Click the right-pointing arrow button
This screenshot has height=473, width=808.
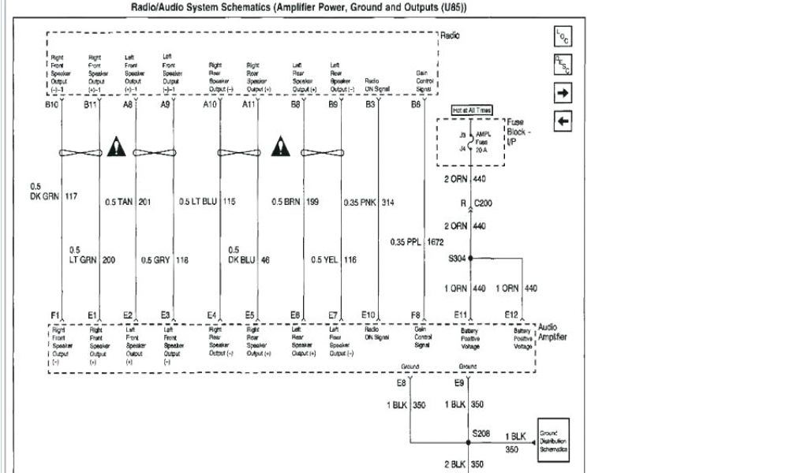click(x=563, y=94)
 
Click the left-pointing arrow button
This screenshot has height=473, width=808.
click(x=563, y=121)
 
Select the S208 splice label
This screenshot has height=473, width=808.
click(x=481, y=434)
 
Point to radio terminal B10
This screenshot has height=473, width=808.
click(x=51, y=103)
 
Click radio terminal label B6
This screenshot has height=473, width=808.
click(x=415, y=103)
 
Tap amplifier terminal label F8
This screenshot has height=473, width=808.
click(x=415, y=315)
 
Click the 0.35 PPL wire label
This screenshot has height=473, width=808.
click(x=406, y=242)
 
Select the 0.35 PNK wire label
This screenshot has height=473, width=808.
click(x=360, y=203)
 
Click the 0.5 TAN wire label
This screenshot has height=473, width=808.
click(x=120, y=203)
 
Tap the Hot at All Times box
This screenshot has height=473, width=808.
click(x=471, y=110)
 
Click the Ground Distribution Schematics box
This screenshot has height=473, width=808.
click(x=552, y=441)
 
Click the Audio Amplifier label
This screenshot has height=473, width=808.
click(x=552, y=332)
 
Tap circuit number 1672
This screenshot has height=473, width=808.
click(x=436, y=242)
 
